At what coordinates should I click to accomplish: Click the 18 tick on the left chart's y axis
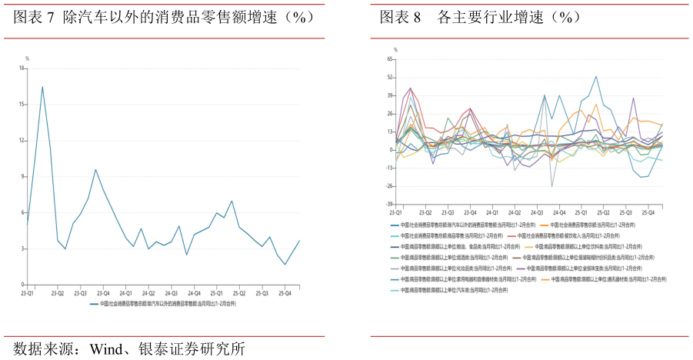coord(23,68)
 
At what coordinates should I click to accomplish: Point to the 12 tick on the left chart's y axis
coord(23,141)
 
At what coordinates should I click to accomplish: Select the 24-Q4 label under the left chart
coord(192,293)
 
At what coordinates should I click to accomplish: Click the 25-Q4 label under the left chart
coord(284,293)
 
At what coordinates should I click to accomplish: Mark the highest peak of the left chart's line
coord(42,87)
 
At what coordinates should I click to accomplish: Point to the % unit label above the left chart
coord(28,58)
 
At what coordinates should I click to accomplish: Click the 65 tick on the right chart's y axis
coord(390,59)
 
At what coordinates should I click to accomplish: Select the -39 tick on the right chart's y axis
coord(389,205)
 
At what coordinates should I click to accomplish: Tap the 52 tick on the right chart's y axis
coord(390,78)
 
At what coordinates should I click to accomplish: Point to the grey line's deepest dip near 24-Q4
coord(551,186)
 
